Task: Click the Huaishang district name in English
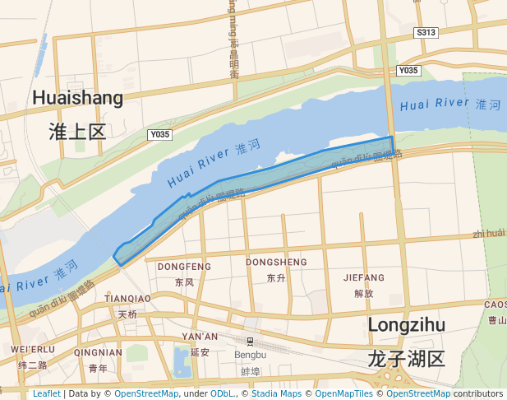tap(78, 98)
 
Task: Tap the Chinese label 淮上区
tap(78, 132)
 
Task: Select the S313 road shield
tap(426, 33)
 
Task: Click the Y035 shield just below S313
tap(408, 71)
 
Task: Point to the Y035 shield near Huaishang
tap(159, 134)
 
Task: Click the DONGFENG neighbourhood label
tap(184, 267)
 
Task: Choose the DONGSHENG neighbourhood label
tap(276, 263)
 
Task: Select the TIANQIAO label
tap(127, 298)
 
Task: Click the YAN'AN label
tap(200, 337)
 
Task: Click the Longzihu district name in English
tap(406, 324)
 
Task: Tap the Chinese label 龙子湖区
tap(406, 358)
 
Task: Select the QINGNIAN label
tap(98, 352)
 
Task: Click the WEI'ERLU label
tap(33, 350)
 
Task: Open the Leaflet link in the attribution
tap(47, 393)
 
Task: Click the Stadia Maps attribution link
tap(276, 393)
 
